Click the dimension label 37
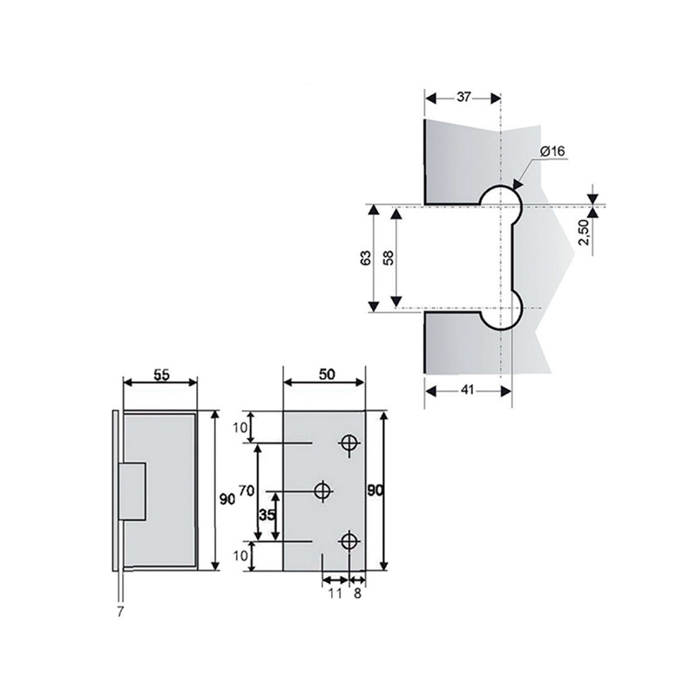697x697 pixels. tap(464, 97)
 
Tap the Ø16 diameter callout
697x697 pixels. tap(552, 152)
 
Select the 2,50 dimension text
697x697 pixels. tap(584, 232)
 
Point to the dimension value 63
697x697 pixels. tap(365, 258)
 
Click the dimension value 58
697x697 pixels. tap(389, 258)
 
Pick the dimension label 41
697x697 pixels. tap(467, 390)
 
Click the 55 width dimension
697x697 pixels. tap(161, 376)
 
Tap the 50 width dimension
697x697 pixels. tap(327, 375)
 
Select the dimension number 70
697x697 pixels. tap(247, 491)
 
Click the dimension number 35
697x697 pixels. tap(267, 515)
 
